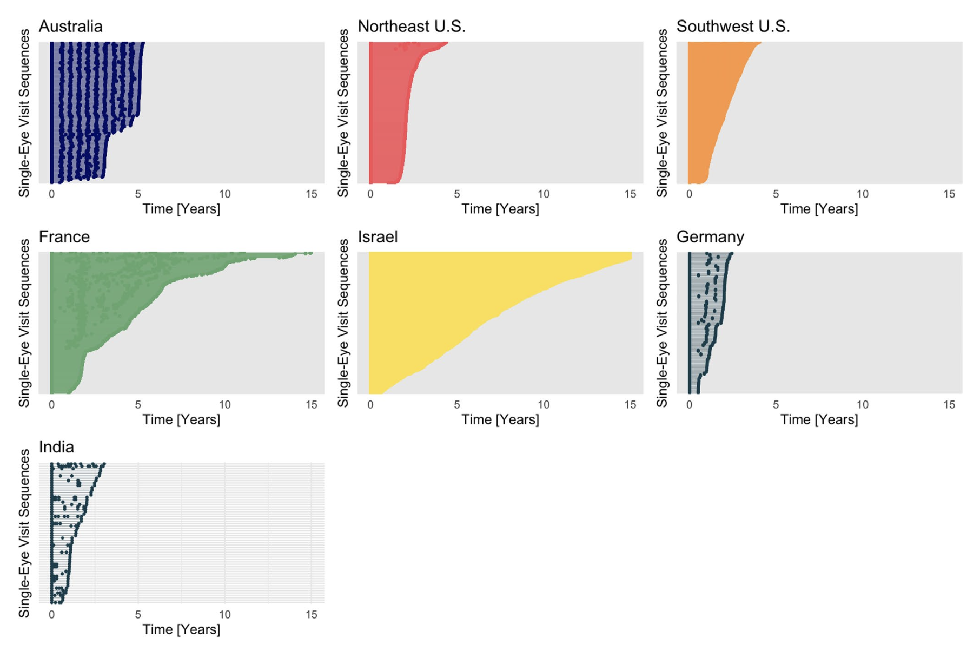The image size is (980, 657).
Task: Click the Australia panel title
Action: (70, 27)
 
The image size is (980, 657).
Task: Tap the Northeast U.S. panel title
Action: (411, 27)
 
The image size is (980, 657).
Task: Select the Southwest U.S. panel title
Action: (733, 27)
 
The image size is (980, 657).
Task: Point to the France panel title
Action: (64, 237)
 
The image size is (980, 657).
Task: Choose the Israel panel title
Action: (378, 237)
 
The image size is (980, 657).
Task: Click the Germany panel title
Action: (710, 237)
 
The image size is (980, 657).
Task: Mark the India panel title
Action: (56, 447)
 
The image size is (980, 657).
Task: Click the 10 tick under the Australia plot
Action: (224, 194)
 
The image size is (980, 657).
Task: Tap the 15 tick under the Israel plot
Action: (630, 405)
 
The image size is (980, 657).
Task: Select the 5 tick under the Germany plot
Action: (776, 405)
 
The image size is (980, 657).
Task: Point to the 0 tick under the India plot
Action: (51, 615)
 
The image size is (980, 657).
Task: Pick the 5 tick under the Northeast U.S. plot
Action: (457, 194)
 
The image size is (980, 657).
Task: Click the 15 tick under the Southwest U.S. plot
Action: (949, 194)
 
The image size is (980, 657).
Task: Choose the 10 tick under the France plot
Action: (224, 405)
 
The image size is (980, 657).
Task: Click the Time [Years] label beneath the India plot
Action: (181, 630)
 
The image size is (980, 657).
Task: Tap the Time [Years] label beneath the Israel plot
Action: (500, 420)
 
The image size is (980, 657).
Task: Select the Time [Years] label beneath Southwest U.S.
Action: (819, 209)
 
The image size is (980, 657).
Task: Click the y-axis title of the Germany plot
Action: (662, 323)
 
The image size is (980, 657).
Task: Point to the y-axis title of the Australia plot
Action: (24, 113)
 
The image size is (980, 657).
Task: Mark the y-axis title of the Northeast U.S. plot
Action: (343, 113)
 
